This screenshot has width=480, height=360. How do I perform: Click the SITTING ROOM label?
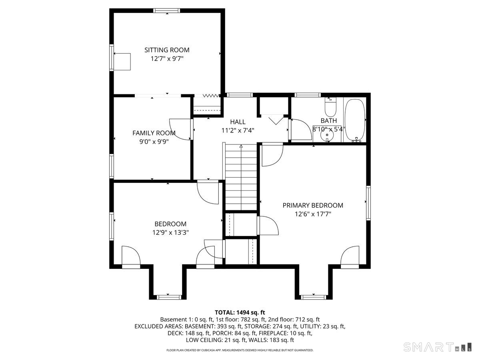(167, 50)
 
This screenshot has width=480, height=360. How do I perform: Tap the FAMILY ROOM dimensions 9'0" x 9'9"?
(154, 142)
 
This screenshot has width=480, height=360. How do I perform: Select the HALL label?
(238, 122)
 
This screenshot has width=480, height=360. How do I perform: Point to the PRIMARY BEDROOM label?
(313, 205)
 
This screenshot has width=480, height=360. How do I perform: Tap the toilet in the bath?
(330, 107)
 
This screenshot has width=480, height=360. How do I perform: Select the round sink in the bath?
(327, 136)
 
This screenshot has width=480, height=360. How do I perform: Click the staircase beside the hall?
(241, 177)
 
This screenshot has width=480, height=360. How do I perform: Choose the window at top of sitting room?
(167, 10)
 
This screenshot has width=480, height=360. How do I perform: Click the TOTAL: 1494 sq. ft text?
(240, 312)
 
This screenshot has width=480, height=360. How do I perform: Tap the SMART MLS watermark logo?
(437, 347)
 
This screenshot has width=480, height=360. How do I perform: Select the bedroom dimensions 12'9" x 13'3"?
(170, 232)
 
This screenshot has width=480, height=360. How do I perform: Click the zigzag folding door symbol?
(211, 96)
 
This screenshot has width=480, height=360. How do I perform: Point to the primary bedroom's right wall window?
(368, 203)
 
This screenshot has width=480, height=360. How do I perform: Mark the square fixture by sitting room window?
(122, 62)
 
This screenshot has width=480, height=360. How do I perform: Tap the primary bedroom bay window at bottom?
(314, 297)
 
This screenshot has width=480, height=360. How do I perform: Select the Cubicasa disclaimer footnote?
(240, 350)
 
